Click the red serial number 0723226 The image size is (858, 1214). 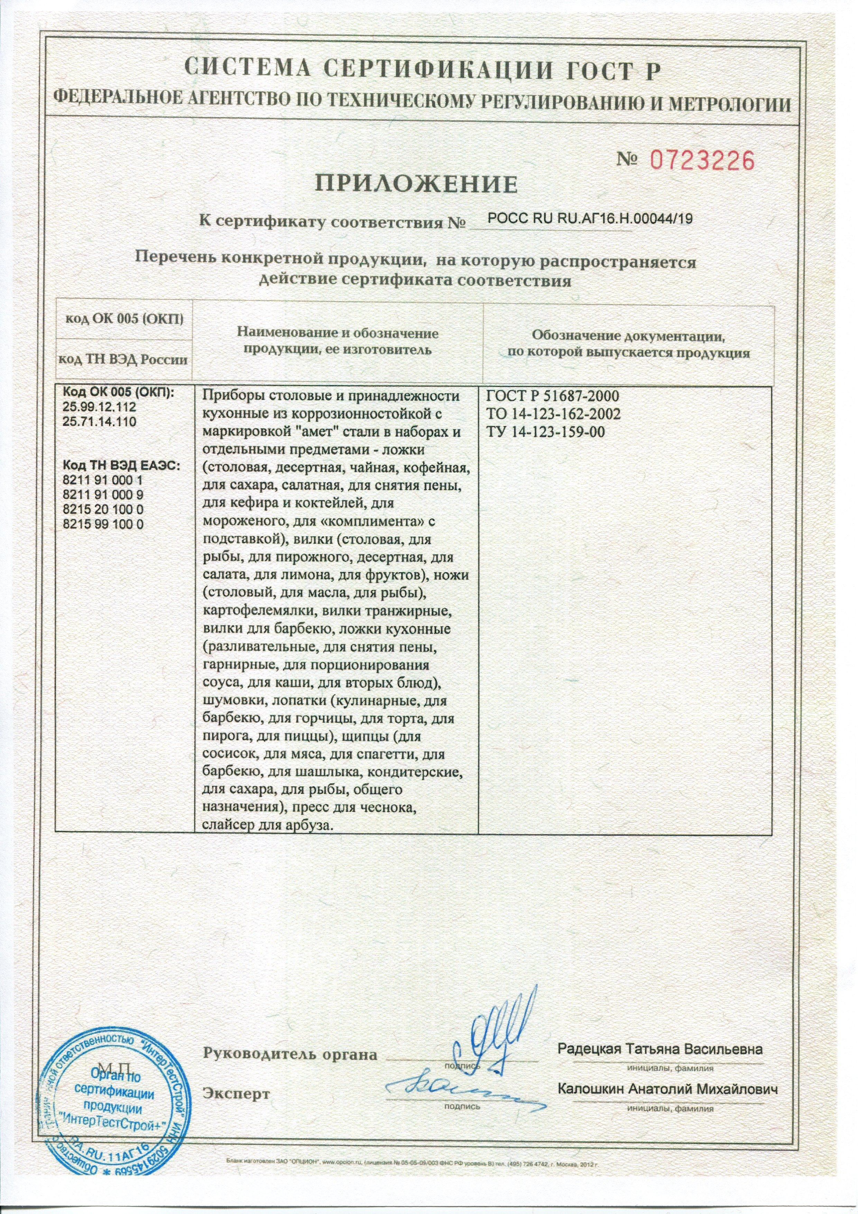coord(701,160)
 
